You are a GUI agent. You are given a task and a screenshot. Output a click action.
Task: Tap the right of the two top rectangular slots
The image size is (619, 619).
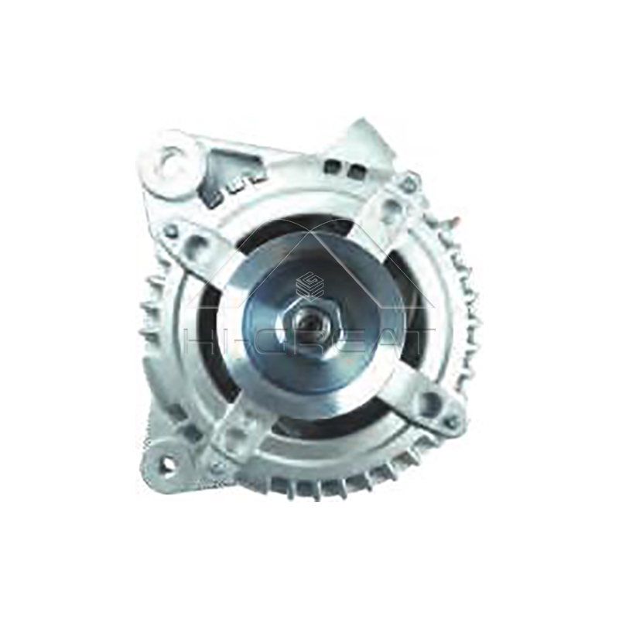(355, 170)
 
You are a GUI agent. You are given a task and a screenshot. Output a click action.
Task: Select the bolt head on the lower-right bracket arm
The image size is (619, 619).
(451, 422)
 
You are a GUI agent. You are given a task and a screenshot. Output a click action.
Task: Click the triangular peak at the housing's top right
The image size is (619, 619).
(364, 132)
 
